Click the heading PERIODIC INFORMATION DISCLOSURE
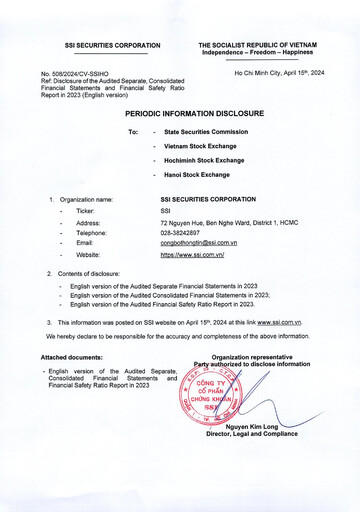[x=179, y=114]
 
